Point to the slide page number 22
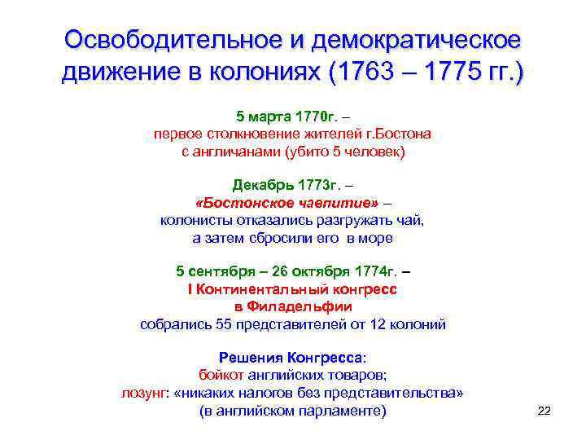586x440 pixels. click(x=544, y=411)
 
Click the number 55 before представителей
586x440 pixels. click(x=225, y=324)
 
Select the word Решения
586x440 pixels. click(x=250, y=358)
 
